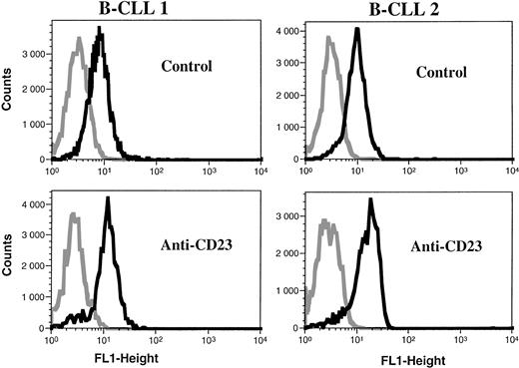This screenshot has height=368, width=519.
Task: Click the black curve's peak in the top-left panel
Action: click(x=100, y=29)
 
